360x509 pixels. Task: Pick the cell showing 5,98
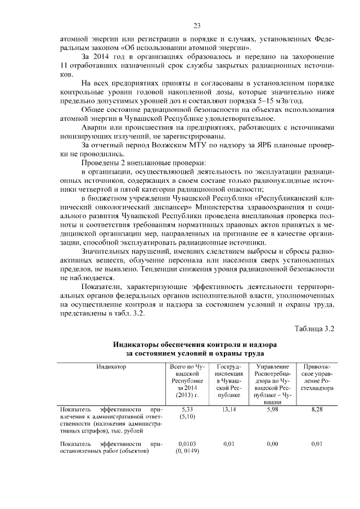click(272, 409)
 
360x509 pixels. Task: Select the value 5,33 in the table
click(184, 409)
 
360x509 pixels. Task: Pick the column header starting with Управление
click(272, 367)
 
